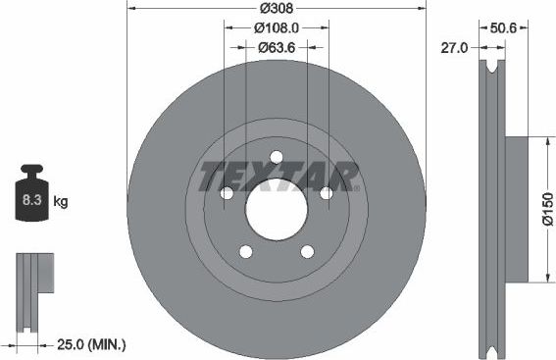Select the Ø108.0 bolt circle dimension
[x=277, y=28]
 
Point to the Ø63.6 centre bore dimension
[x=278, y=46]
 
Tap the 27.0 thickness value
[x=452, y=45]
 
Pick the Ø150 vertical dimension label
[x=547, y=208]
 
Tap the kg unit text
[x=60, y=202]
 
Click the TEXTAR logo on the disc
[x=278, y=177]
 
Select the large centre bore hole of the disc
[x=277, y=209]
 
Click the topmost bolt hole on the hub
[x=277, y=157]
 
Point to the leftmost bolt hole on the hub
[x=227, y=193]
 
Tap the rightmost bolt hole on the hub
[x=327, y=193]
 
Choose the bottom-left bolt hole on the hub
[x=246, y=252]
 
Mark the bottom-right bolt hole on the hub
[x=307, y=252]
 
